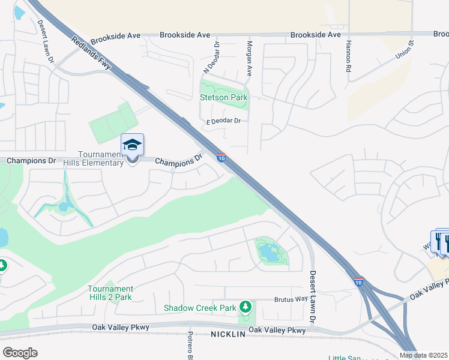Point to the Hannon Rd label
348,57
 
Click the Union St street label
405,50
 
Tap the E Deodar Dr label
223,121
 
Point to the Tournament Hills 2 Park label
110,293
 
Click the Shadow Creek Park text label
200,308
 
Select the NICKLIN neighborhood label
228,334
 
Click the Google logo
20,352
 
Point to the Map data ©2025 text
424,355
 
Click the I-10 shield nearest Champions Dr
221,158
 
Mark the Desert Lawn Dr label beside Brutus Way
313,296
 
